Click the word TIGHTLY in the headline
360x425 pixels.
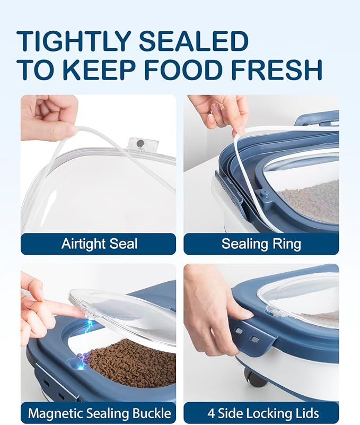pos(74,41)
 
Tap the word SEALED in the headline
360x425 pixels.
pos(194,41)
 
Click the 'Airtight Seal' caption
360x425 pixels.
pos(100,244)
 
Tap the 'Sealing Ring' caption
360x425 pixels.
pos(261,244)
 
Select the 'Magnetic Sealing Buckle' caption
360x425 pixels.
pos(100,413)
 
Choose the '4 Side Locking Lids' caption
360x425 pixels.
pos(263,413)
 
